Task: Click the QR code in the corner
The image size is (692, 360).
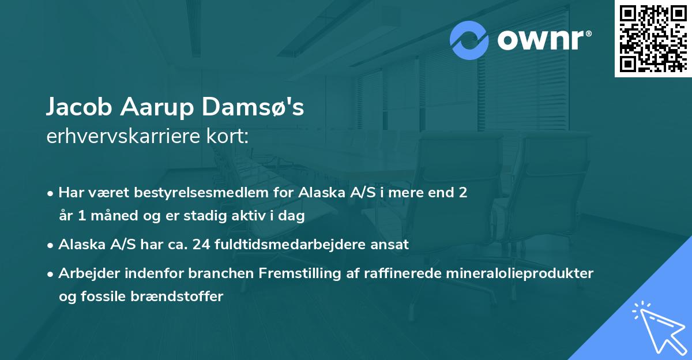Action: pyautogui.click(x=653, y=39)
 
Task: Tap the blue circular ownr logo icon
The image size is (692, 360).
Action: pyautogui.click(x=469, y=40)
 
